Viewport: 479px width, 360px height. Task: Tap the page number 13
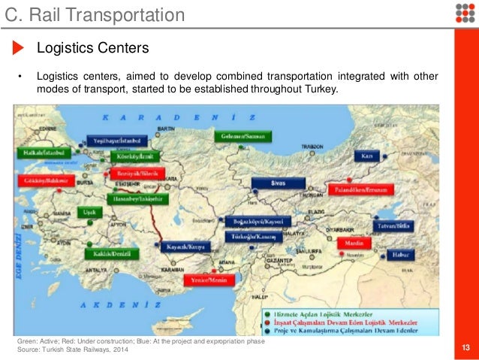point(466,346)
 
